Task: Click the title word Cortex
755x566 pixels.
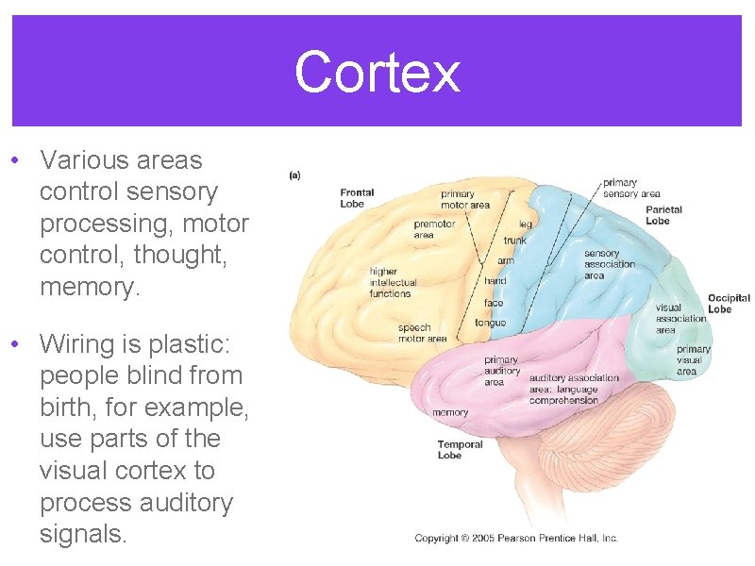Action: tap(377, 73)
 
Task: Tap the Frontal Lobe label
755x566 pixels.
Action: tap(358, 198)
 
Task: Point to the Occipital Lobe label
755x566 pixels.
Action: tap(729, 303)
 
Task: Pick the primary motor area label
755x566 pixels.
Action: tap(464, 200)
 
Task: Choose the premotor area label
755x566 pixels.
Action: tap(434, 229)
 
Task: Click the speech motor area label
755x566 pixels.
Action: tap(422, 333)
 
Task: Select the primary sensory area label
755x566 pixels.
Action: tap(631, 188)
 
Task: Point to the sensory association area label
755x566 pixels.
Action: tap(609, 264)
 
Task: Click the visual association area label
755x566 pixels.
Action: tap(680, 319)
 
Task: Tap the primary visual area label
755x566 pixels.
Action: tap(693, 360)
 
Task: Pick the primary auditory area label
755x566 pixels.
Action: tap(501, 371)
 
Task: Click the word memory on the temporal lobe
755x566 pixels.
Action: tap(450, 412)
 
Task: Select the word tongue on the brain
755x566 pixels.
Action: tap(490, 323)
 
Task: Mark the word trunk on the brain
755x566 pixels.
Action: tap(515, 241)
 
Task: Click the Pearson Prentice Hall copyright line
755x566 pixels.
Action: tap(516, 538)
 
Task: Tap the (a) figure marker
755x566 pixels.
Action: tap(294, 175)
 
